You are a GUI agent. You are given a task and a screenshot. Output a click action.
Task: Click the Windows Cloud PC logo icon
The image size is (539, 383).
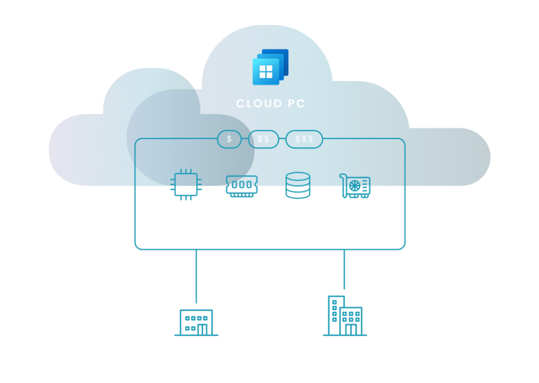[x=270, y=68]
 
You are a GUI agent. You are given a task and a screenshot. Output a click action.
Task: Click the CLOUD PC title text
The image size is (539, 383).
[x=271, y=104]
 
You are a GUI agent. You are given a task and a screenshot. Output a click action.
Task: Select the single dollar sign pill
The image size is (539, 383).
[x=229, y=139]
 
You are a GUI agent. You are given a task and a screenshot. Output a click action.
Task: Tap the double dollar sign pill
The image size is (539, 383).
[x=263, y=139]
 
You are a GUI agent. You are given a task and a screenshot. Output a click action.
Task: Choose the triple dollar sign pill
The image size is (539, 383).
[x=304, y=139]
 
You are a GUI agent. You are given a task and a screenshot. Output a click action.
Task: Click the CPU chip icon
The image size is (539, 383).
[x=186, y=185]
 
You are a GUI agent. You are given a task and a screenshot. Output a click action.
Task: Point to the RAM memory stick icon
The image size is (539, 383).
[x=242, y=186]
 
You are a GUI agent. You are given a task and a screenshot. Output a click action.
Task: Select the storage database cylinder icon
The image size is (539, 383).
[x=298, y=185]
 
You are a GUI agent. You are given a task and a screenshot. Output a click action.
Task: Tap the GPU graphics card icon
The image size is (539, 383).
[x=356, y=186]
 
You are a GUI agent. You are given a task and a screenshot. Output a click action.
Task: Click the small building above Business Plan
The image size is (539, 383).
[x=196, y=322]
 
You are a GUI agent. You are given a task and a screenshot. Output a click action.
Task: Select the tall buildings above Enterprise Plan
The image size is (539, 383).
[x=345, y=317]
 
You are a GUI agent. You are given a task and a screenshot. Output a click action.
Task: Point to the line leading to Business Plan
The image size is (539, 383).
[x=196, y=277]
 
